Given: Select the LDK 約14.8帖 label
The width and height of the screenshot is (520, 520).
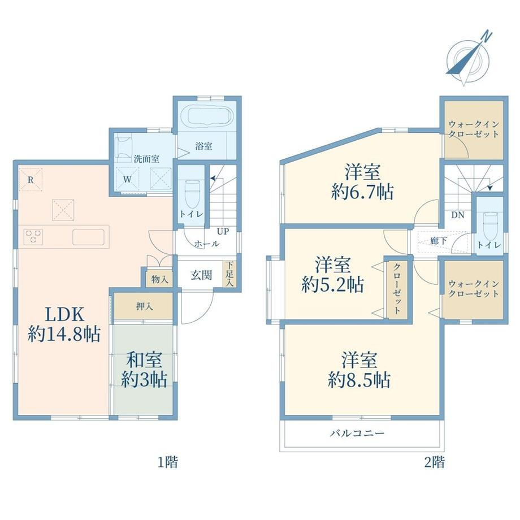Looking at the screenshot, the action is pos(64,324).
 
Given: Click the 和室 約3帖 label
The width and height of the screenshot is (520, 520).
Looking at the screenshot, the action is pos(144,370).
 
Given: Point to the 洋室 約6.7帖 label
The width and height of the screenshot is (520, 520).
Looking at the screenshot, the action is pos(362,182).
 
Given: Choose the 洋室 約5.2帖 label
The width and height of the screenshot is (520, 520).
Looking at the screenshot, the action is pos(332,275).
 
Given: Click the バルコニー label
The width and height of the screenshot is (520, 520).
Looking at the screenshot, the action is pos(357,433).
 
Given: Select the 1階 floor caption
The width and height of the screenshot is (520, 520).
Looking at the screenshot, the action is pos(167,462).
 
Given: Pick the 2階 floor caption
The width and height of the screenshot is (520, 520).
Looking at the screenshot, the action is pos(435,462).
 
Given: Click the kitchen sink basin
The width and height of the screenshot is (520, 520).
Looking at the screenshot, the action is pos(89,237).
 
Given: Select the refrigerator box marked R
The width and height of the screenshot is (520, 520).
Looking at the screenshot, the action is pos(31,180).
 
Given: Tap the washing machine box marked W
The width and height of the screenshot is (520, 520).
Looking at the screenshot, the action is pos(127,179).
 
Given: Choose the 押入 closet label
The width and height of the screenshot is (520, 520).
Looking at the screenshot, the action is pos(145,306).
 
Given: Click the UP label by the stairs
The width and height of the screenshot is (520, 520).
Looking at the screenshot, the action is pos(223,231).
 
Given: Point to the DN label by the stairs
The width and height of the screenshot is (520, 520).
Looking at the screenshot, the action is pos(458,215).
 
